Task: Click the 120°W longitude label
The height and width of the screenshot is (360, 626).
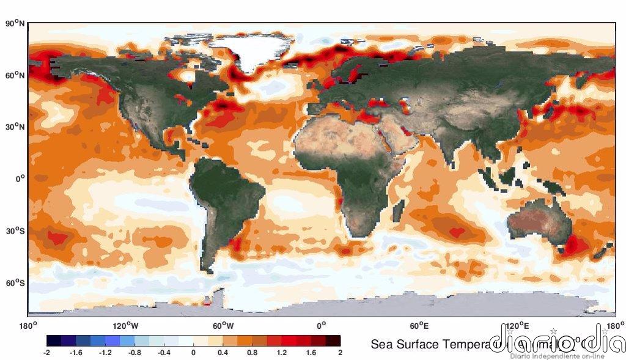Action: point(125,325)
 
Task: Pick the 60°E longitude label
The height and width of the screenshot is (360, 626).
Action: point(419,325)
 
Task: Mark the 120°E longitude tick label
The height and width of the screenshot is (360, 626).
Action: point(517,325)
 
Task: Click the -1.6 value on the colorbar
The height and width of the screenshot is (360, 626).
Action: point(76,353)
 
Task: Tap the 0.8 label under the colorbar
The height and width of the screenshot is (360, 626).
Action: point(252,353)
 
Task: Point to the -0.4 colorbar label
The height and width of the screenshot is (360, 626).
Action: point(164,353)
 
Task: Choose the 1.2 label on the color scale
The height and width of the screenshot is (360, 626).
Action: point(282,353)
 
